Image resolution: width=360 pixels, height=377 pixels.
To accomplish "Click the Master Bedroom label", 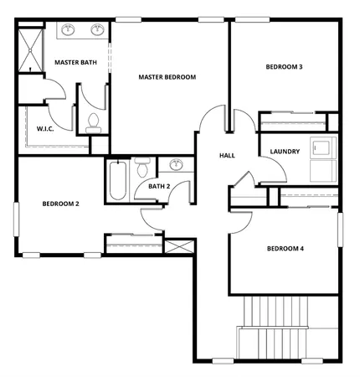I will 167,77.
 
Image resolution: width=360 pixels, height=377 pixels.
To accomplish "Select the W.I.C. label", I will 45,129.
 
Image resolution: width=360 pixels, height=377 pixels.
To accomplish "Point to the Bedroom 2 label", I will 61,204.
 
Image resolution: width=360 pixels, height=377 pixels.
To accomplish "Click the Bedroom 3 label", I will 284,66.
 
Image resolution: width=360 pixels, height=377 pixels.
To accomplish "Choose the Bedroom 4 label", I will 285,248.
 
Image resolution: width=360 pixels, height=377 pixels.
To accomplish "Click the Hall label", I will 226,156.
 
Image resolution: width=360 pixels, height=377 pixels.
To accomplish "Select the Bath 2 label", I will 159,186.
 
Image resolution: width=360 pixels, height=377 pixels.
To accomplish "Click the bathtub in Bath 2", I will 116,180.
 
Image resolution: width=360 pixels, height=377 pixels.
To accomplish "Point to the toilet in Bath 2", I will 143,163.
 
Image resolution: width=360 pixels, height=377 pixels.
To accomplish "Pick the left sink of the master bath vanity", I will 69,31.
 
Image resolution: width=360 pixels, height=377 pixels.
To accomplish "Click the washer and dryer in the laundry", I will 320,159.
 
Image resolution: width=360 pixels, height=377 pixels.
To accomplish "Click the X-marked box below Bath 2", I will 179,247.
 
